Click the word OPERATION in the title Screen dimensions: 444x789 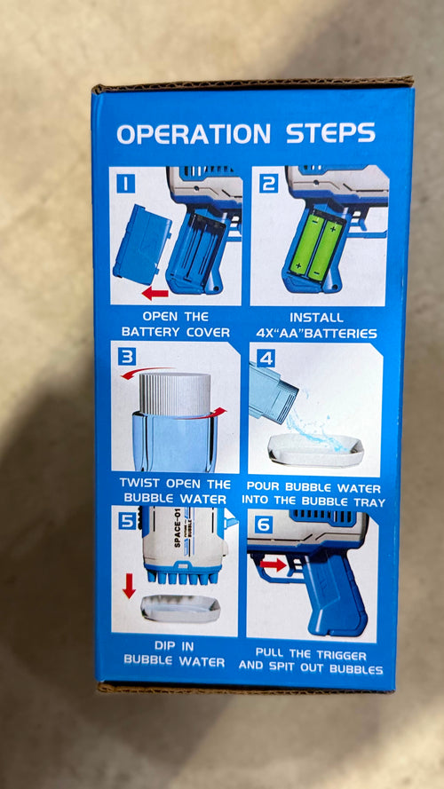coord(194,134)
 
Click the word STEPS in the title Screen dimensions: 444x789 coord(330,133)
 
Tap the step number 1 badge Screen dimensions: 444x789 coord(125,183)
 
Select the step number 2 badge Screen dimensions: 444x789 coord(268,184)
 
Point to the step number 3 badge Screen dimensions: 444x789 coord(127,357)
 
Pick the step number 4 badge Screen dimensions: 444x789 coord(266,358)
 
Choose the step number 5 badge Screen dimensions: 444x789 coord(127,521)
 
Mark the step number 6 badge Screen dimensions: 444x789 coord(263,525)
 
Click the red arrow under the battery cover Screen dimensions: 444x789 coord(155,294)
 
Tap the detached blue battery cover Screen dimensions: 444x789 coord(141,245)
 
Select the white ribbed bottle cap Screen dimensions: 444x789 coord(175,394)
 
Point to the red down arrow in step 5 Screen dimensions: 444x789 coord(129,586)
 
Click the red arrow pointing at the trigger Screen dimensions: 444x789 coord(273,564)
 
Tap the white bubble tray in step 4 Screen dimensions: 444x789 coord(315,449)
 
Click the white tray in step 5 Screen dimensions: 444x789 coord(180,608)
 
